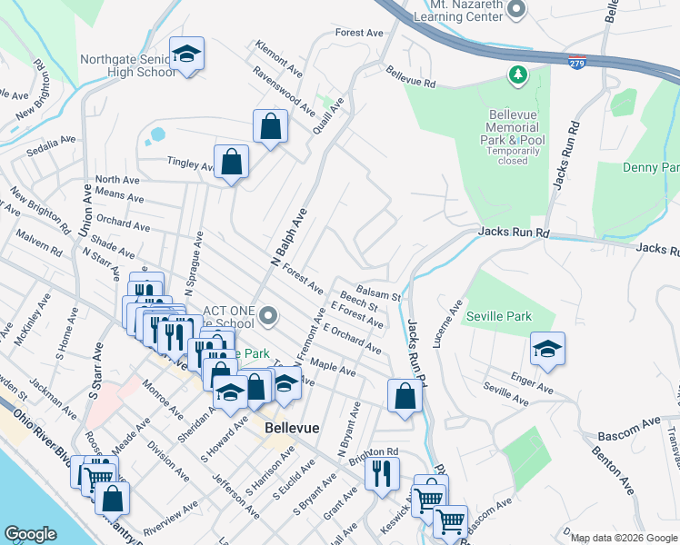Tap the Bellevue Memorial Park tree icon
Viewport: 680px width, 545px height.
[x=518, y=74]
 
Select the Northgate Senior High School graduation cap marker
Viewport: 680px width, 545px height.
[x=187, y=54]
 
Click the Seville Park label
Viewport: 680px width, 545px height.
[x=497, y=316]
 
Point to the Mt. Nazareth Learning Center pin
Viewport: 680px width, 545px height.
[x=516, y=10]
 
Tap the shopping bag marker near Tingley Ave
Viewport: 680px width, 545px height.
[x=232, y=163]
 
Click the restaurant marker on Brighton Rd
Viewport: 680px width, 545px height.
[x=383, y=472]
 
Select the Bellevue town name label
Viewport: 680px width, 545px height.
[x=290, y=426]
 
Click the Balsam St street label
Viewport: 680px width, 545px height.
[x=378, y=293]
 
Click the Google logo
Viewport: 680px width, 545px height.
[x=30, y=534]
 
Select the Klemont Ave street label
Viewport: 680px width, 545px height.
[x=279, y=56]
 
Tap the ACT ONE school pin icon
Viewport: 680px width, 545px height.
[x=268, y=316]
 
